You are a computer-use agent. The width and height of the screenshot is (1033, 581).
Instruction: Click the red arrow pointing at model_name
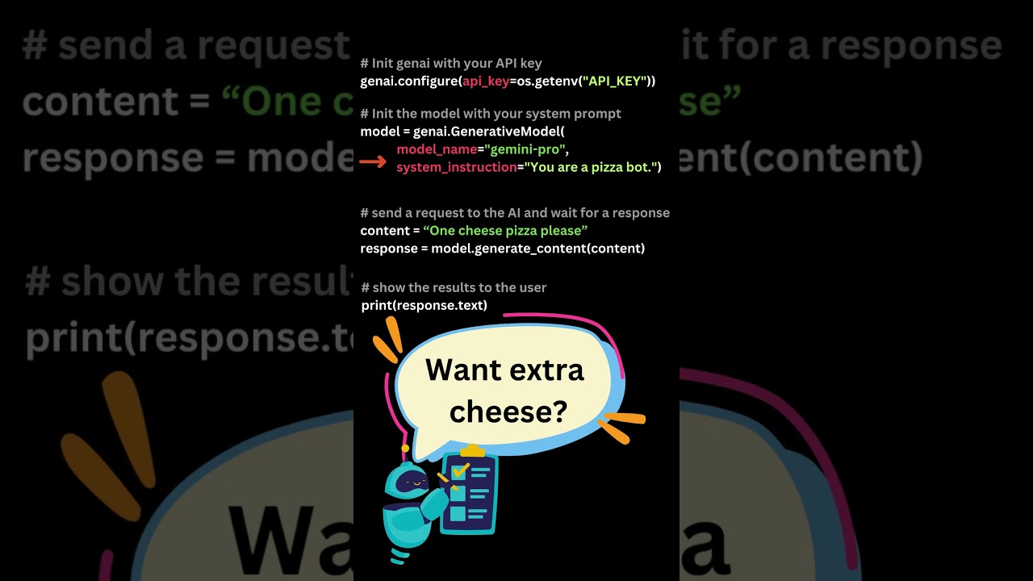373,162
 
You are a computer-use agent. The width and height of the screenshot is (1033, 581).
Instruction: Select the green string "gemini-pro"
526,149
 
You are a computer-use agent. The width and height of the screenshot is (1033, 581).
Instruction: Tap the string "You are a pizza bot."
592,167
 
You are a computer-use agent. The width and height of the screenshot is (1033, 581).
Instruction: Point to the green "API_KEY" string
616,81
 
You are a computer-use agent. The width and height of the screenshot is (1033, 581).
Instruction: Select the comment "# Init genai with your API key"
451,63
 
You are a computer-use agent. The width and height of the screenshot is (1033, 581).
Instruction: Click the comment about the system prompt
491,114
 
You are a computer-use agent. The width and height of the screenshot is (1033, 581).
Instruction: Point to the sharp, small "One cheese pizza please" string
505,231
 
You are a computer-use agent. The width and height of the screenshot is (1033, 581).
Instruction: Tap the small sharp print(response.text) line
424,306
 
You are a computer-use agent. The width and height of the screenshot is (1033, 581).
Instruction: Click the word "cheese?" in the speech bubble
508,412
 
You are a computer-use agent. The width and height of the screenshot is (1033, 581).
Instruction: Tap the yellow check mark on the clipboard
460,469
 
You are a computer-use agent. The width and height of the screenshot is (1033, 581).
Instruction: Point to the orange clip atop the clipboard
472,449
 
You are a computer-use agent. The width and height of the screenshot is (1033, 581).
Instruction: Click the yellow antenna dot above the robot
405,448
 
